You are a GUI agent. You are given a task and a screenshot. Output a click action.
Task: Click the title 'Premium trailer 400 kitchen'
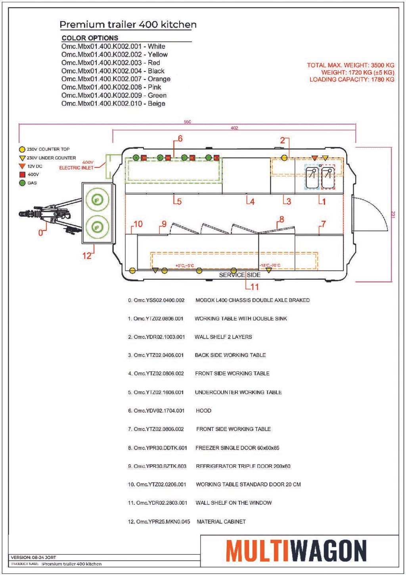point(128,25)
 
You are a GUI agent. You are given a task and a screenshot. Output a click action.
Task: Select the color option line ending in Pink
point(111,87)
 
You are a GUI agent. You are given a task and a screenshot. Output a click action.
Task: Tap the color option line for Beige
point(113,104)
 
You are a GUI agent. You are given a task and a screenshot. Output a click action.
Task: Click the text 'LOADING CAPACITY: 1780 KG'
point(352,79)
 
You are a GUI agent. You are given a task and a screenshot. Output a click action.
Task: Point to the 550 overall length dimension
point(188,122)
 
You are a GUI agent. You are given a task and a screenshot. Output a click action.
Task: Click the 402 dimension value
point(234,128)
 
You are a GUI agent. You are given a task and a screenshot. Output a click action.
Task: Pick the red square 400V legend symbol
point(22,175)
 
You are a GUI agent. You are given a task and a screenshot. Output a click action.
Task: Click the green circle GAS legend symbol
point(22,183)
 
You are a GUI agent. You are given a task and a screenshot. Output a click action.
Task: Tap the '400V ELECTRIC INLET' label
point(77,165)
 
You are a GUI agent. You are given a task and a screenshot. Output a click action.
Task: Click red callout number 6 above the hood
point(180,139)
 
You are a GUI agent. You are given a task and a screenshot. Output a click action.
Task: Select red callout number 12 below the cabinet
point(87,256)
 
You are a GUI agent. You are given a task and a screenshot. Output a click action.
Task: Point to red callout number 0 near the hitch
point(40,233)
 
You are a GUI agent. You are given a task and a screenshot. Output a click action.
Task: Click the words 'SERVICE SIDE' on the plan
point(239,275)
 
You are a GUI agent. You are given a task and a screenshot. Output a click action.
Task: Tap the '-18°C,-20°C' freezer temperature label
point(270,265)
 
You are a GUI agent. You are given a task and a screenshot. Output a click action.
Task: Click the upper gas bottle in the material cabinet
point(97,199)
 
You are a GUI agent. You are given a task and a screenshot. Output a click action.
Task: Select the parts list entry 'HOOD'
point(204,411)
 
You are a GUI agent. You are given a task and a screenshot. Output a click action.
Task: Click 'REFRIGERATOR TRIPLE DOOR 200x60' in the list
point(243,466)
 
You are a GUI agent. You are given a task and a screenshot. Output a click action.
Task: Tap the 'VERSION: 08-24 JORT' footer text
point(33,557)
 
